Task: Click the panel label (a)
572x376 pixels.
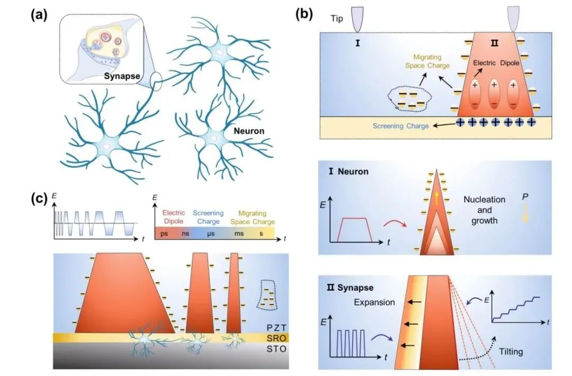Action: pyautogui.click(x=39, y=14)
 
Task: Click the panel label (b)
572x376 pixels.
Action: pyautogui.click(x=307, y=14)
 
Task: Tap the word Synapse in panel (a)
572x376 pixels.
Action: pyautogui.click(x=121, y=76)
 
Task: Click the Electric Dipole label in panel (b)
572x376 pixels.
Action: pyautogui.click(x=493, y=62)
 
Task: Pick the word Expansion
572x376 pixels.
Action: pyautogui.click(x=374, y=302)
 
